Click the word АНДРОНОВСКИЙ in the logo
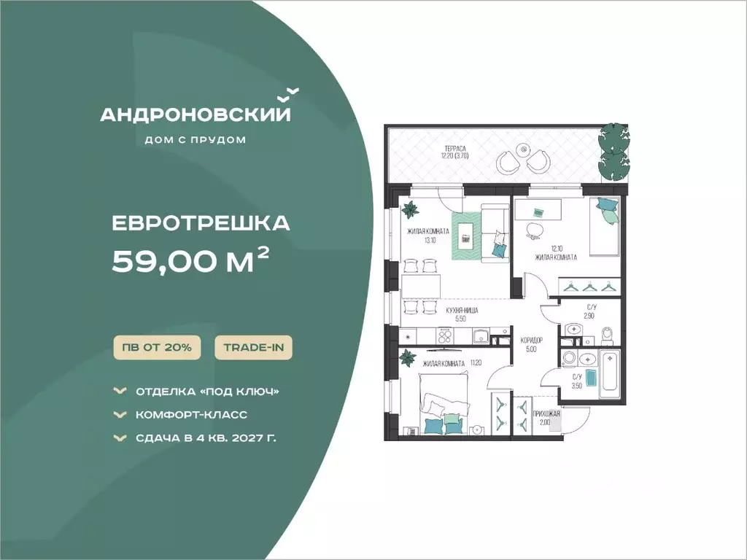tap(196, 114)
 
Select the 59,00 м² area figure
tap(190, 261)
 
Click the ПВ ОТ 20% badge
tap(157, 347)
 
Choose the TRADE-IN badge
tap(253, 347)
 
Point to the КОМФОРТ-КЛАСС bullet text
tap(192, 415)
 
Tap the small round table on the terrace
tap(524, 149)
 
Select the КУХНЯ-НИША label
tap(462, 311)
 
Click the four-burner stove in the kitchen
tap(445, 336)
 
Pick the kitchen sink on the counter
tap(481, 336)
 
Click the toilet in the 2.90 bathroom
tap(607, 335)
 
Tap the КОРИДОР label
tap(532, 341)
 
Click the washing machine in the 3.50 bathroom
tap(569, 358)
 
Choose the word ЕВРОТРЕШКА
tap(201, 223)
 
